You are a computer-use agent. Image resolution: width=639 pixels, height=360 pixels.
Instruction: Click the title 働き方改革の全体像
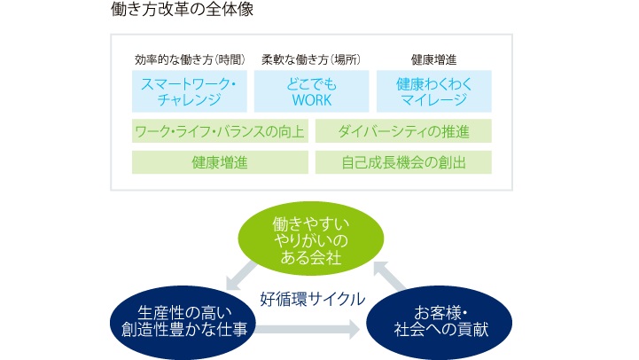[x=183, y=9]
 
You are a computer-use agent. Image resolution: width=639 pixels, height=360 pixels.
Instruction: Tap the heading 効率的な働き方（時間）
[x=190, y=60]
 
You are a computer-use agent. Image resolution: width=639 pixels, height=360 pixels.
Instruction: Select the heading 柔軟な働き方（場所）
[x=311, y=60]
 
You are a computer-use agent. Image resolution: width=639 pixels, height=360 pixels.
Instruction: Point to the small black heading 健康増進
[x=433, y=60]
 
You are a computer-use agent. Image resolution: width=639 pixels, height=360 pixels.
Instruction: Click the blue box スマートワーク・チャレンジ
[x=190, y=91]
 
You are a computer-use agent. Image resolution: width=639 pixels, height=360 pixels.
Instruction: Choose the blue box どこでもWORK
[x=312, y=91]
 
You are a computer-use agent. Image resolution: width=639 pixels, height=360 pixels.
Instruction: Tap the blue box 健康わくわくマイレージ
[x=434, y=91]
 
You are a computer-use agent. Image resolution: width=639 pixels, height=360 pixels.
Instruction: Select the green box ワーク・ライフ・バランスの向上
[x=220, y=131]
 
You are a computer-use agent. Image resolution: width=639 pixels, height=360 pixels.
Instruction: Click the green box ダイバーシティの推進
[x=403, y=131]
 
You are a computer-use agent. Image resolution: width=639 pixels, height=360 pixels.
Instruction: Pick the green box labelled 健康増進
[x=220, y=162]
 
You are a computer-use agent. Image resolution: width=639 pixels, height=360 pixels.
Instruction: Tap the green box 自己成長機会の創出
[x=403, y=162]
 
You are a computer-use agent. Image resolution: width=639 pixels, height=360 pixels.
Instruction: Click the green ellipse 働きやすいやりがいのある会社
[x=311, y=239]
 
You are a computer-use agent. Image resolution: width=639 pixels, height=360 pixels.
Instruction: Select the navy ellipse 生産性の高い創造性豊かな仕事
[x=183, y=323]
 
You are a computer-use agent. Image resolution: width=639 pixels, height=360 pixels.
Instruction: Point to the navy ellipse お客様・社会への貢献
[x=440, y=323]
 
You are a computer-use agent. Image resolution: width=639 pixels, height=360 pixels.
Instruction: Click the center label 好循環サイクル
[x=313, y=299]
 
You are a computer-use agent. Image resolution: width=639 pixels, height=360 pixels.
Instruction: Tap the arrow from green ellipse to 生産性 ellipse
[x=240, y=276]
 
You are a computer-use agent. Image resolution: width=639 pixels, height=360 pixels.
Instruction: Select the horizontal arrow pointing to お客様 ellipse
[x=308, y=330]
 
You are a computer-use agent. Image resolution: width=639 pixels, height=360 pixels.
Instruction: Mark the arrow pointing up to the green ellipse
[x=389, y=276]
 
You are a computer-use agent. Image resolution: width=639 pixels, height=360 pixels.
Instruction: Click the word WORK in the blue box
[x=312, y=100]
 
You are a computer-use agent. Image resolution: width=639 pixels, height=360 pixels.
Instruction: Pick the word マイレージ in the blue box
[x=434, y=100]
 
